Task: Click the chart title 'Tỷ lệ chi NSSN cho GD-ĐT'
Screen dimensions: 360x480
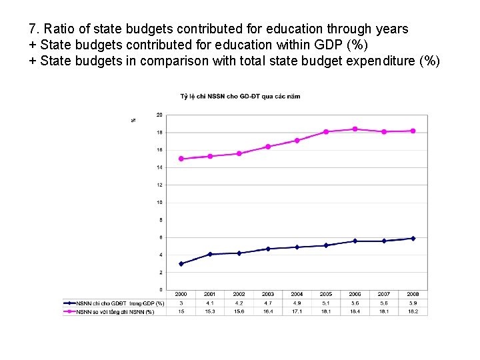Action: [240, 96]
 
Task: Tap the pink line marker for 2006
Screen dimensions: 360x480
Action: [355, 129]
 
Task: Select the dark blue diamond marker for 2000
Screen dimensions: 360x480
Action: [181, 263]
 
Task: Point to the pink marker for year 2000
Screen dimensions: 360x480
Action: [181, 159]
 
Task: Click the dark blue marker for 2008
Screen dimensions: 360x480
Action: [413, 238]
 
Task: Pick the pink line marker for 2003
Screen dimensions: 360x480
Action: [268, 147]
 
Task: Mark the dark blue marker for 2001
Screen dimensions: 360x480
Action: [210, 254]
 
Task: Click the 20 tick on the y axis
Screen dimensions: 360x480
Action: [159, 115]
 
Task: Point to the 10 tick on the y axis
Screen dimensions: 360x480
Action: [159, 202]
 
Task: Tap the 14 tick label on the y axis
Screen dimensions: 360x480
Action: [159, 167]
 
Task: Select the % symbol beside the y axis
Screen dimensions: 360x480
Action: [133, 120]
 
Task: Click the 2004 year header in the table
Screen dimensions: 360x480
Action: [297, 294]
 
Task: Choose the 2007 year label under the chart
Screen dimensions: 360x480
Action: [384, 294]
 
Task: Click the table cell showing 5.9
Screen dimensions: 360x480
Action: [413, 303]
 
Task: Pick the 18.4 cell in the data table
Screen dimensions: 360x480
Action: [355, 311]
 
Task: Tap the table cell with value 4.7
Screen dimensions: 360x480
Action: [268, 303]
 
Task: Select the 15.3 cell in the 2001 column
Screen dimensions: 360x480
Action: [210, 311]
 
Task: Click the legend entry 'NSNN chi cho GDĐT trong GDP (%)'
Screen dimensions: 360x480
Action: [120, 303]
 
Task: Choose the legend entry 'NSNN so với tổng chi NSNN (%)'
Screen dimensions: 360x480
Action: [115, 311]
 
